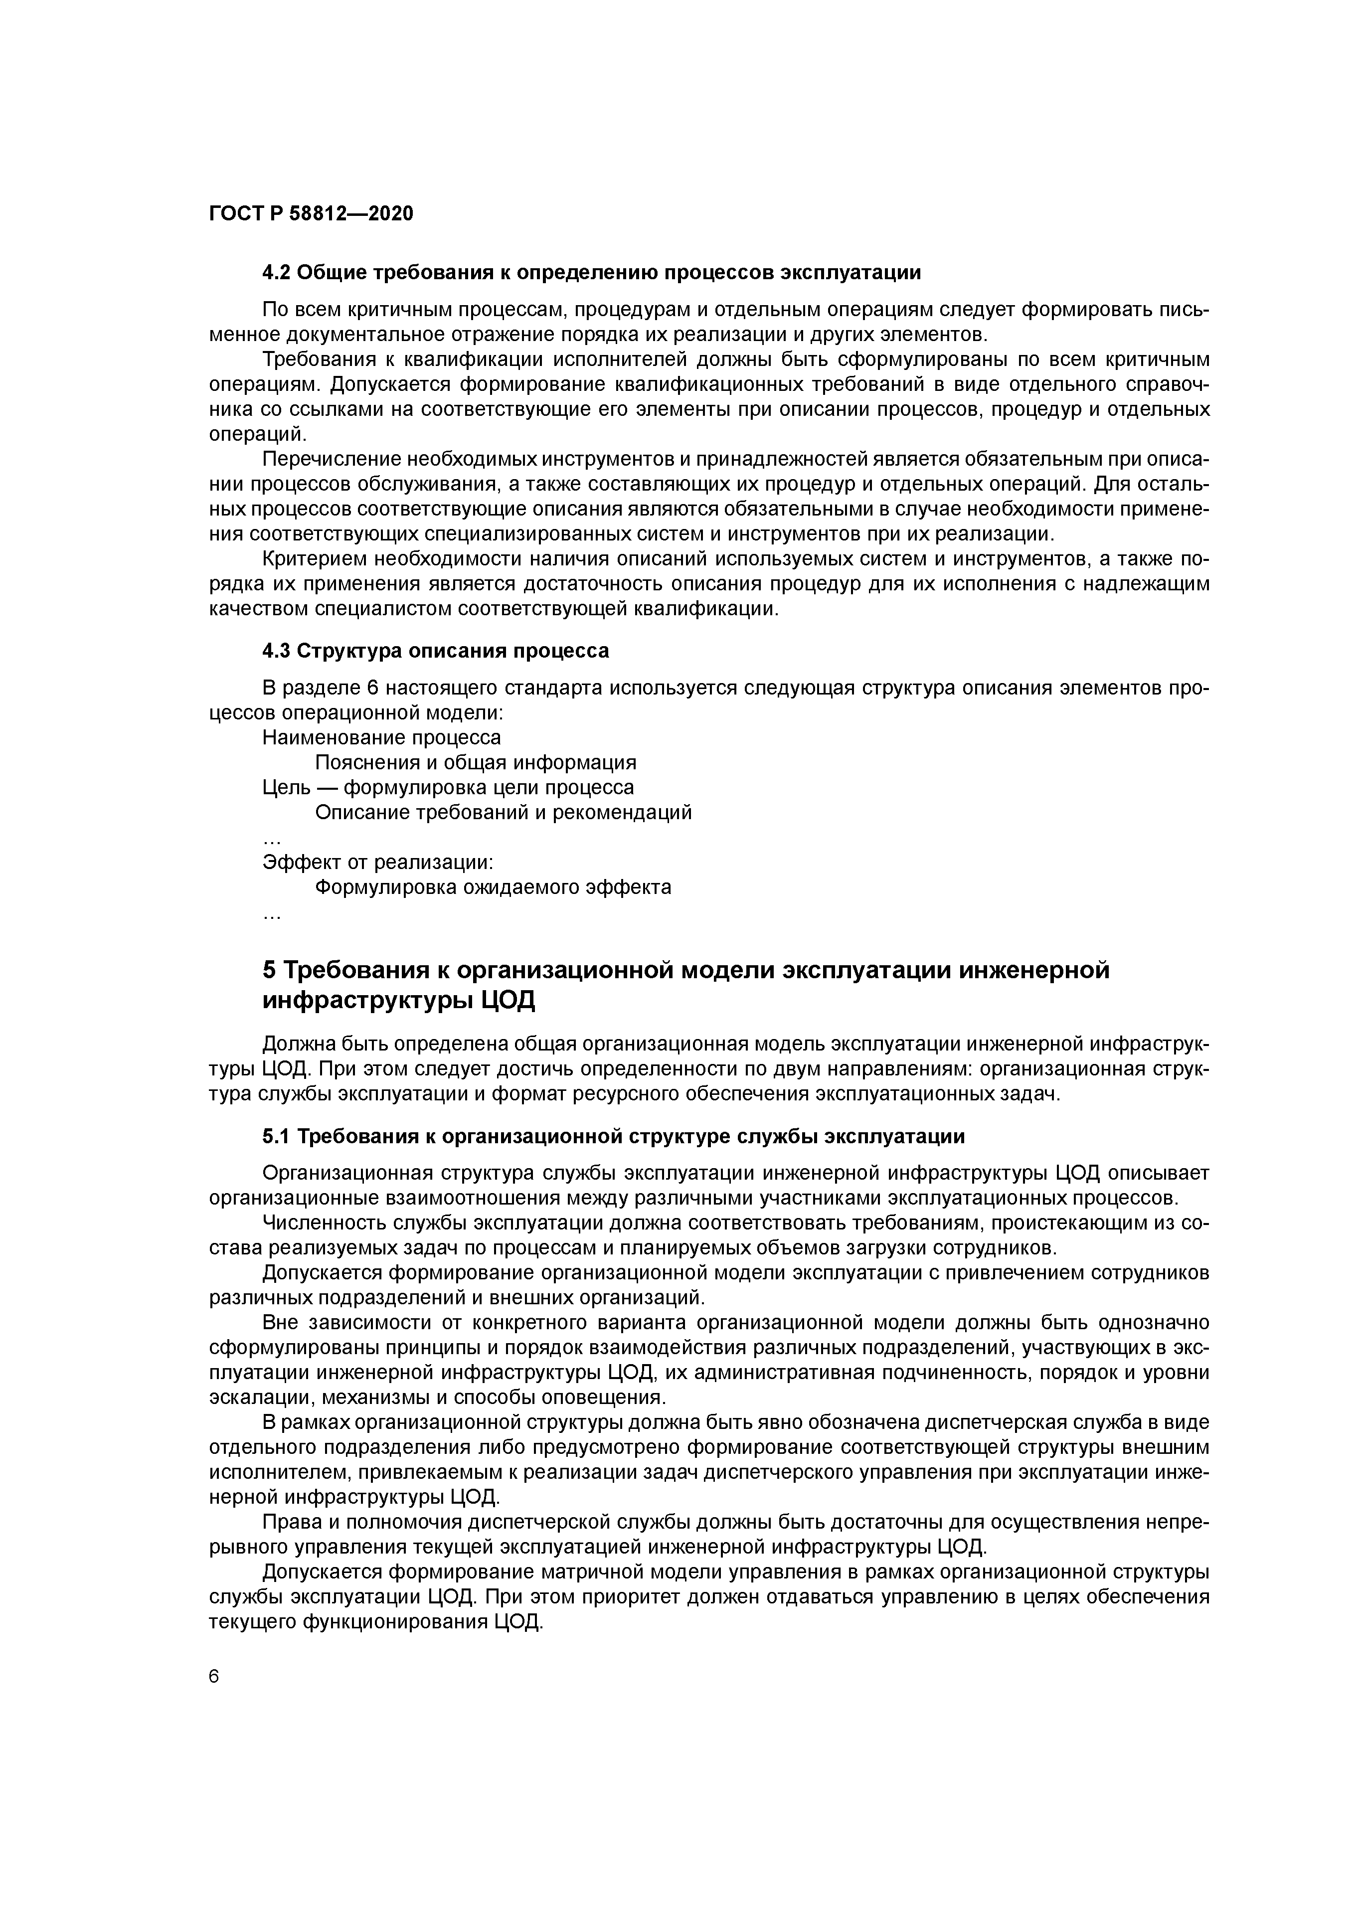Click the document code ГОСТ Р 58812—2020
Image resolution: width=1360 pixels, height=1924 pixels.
coord(311,214)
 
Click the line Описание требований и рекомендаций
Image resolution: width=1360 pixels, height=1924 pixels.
coord(503,813)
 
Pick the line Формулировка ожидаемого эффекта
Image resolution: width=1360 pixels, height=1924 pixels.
coord(493,887)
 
